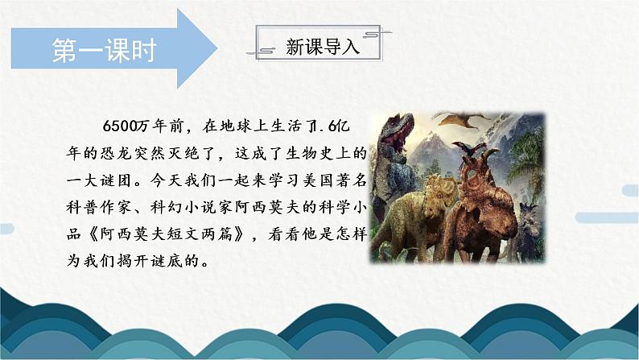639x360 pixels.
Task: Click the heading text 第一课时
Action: click(x=103, y=49)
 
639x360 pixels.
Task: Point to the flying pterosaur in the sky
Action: click(x=467, y=122)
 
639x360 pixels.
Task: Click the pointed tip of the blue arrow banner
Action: click(x=215, y=49)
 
